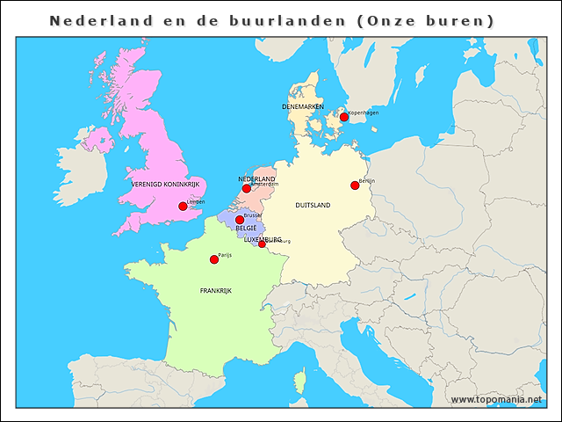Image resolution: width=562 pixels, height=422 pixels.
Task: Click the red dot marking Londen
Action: pos(183,207)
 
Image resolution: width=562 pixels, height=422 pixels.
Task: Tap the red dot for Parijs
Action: pos(213,259)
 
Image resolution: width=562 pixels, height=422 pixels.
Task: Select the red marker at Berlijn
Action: pos(355,185)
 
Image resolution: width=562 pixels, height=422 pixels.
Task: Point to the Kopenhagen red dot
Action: pos(344,117)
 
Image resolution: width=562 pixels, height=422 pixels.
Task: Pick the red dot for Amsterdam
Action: pos(247,188)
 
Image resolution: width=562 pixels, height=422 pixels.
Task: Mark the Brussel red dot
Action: pos(240,220)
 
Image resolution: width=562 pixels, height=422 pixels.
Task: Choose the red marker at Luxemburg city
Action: pos(262,244)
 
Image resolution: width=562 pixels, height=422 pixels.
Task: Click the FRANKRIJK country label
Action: pos(216,290)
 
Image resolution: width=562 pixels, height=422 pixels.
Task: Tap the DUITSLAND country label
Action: pos(313,205)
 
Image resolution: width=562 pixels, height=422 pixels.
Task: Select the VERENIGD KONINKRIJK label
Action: pos(167,185)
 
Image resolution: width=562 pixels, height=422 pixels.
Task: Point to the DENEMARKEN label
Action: pos(303,106)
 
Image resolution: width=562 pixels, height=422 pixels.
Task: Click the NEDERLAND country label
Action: pos(257,178)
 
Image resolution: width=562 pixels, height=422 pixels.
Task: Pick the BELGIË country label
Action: pos(246,229)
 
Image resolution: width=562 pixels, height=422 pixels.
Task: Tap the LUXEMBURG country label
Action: pos(262,238)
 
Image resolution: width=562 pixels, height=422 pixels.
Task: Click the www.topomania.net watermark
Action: pos(496,399)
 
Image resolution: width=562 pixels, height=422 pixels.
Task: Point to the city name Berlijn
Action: pos(367,180)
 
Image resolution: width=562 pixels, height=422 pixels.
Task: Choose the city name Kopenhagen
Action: pos(364,113)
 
